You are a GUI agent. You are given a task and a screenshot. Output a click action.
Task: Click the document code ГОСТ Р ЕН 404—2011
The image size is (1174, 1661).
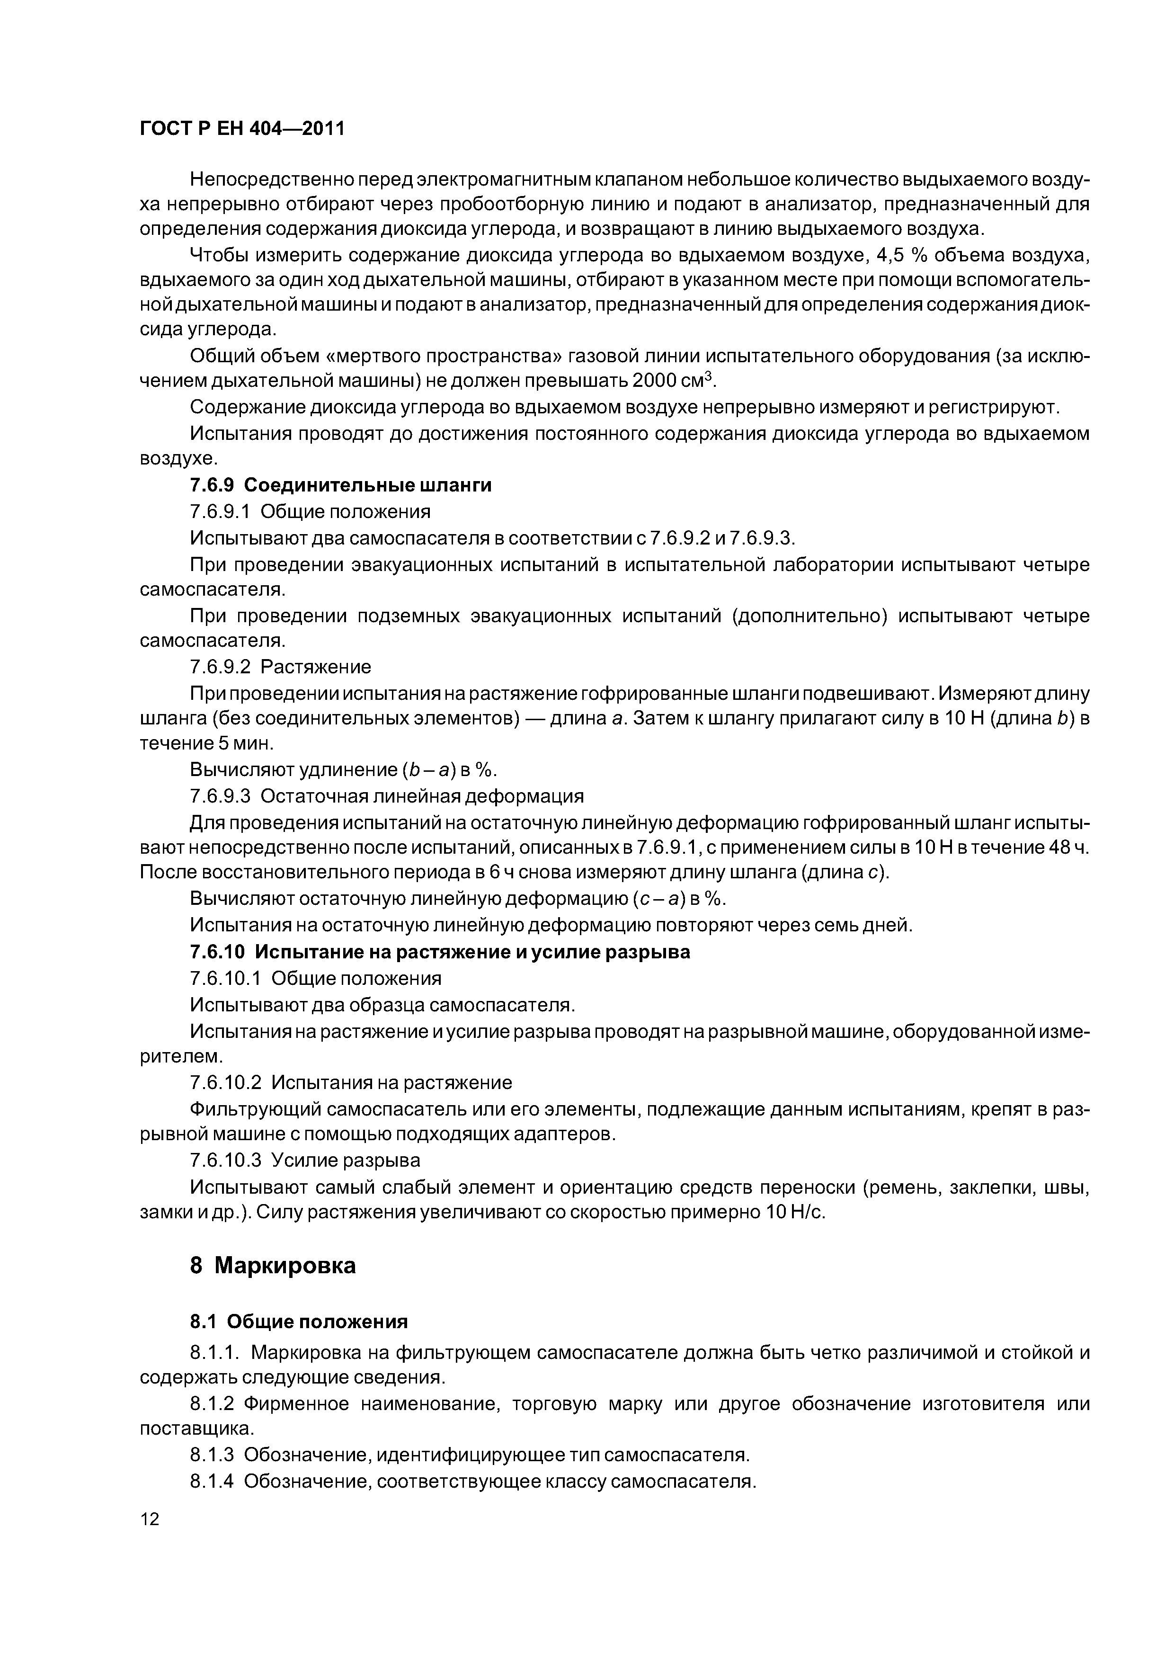tap(241, 129)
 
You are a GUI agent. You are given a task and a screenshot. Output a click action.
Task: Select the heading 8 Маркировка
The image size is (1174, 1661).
tap(273, 1265)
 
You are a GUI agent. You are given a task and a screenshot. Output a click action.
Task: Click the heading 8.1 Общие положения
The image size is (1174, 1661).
tap(299, 1322)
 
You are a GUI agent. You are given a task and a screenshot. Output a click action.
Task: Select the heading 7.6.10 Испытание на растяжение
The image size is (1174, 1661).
tap(440, 952)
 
